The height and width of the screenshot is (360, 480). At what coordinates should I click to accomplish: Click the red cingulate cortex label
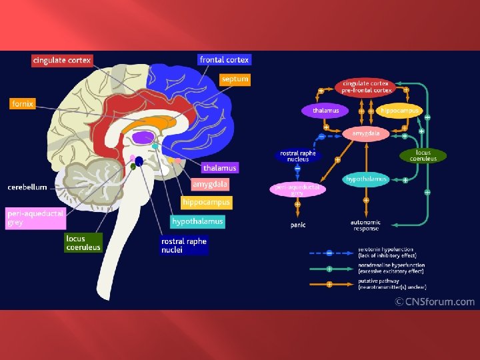click(61, 61)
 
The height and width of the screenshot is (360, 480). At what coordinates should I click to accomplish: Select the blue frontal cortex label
click(224, 60)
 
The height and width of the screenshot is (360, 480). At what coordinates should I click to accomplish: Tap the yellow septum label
click(235, 79)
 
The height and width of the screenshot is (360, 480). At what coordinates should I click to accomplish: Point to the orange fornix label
click(22, 104)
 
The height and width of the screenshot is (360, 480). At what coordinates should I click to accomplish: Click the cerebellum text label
click(27, 187)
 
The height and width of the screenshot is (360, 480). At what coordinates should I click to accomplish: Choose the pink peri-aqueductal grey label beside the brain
click(35, 218)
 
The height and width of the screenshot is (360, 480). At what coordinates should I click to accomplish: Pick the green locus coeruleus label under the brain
click(83, 243)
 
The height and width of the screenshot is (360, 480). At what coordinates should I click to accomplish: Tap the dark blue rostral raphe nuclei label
click(184, 245)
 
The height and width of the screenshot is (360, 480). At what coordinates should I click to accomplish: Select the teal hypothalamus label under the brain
click(198, 221)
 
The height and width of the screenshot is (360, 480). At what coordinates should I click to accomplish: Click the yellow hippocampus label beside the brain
click(206, 202)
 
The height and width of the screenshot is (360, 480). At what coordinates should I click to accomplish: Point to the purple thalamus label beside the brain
click(219, 168)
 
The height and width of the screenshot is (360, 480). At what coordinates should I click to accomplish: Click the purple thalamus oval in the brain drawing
click(142, 139)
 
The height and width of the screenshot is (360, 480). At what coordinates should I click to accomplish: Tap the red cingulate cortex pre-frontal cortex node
click(367, 87)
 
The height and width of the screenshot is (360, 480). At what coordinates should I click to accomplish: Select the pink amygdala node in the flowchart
click(366, 133)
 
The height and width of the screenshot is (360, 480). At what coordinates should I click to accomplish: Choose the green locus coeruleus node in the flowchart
click(423, 155)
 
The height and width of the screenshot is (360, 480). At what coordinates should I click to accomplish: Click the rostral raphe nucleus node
click(297, 156)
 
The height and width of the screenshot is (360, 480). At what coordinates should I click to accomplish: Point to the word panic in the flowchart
click(298, 225)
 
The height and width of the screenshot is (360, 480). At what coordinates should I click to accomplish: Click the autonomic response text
click(365, 225)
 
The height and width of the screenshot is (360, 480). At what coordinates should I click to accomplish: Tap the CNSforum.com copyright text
click(435, 301)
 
